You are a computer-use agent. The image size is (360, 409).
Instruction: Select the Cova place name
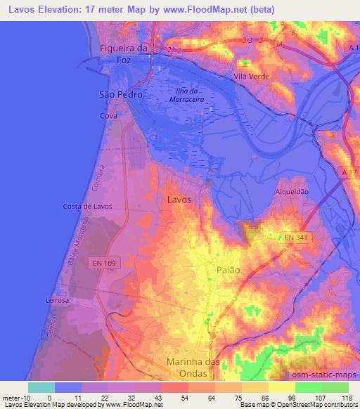pos(108,115)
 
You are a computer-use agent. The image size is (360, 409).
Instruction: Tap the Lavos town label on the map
pos(179,200)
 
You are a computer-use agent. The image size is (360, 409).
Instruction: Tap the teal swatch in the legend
pos(41,387)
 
